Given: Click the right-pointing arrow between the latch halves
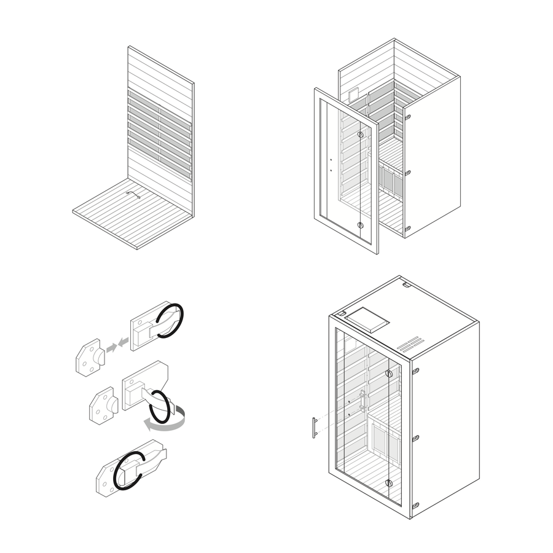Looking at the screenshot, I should tap(111, 348).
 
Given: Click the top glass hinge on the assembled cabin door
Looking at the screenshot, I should tap(389, 374).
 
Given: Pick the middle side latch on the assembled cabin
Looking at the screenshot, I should tap(416, 437).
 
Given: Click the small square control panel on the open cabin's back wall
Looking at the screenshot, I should tap(353, 95).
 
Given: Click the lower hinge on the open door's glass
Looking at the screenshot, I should tap(361, 226).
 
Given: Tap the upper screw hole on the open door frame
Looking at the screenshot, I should tap(330, 157).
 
